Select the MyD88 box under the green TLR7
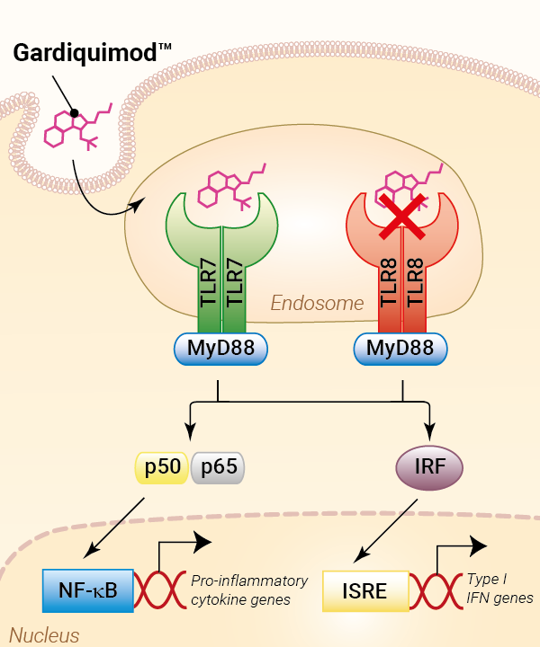click(221, 348)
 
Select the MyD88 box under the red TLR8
click(401, 348)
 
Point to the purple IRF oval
click(429, 467)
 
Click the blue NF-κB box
click(87, 590)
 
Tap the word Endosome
click(317, 304)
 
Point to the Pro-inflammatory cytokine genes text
click(249, 590)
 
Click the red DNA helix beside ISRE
click(438, 593)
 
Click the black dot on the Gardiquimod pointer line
click(75, 113)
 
